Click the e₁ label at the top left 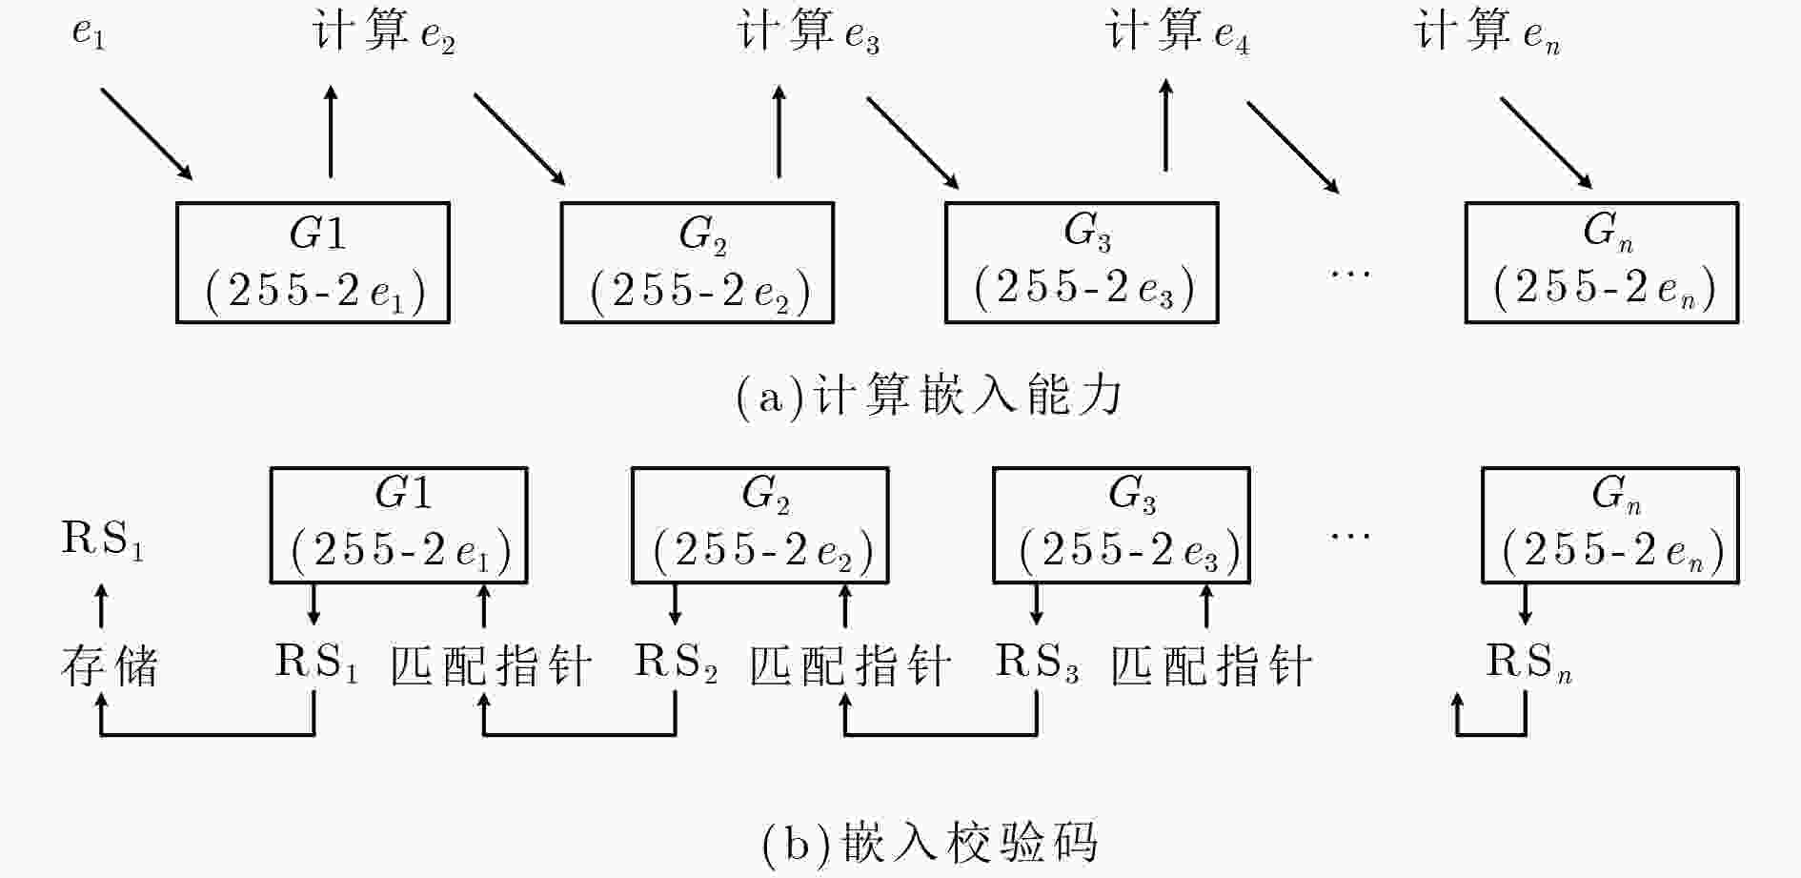tap(89, 34)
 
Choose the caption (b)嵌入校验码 tap(931, 843)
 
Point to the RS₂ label tap(677, 663)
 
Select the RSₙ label tap(1529, 663)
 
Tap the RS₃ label tap(1038, 663)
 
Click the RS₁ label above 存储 tap(103, 540)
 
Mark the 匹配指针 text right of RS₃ tap(1212, 665)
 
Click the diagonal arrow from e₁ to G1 tap(147, 134)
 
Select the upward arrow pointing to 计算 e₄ tap(1166, 125)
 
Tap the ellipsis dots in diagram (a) tap(1351, 274)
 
